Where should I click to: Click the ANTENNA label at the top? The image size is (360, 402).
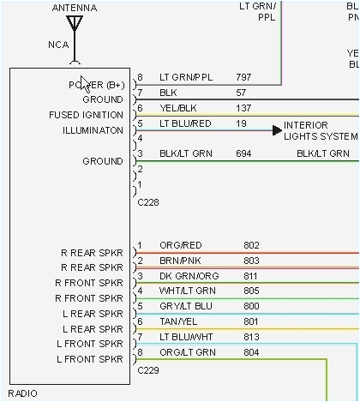tap(75, 8)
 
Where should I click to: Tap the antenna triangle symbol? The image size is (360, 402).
tap(75, 22)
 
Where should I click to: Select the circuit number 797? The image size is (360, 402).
tap(244, 77)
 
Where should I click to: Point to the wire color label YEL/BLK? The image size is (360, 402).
tap(177, 108)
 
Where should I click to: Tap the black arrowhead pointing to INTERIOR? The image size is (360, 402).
tap(277, 130)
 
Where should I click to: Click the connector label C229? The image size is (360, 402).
tap(148, 374)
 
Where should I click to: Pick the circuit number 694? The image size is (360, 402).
tap(244, 153)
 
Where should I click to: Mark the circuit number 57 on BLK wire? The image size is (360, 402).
tap(241, 93)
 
